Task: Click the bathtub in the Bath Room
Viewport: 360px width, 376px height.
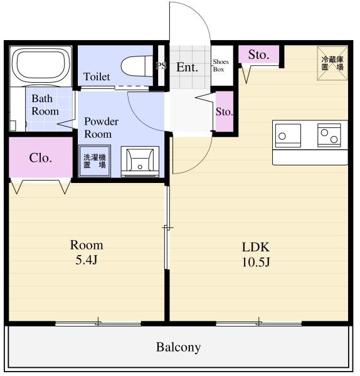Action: click(x=41, y=66)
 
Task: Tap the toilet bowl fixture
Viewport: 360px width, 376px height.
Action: click(x=137, y=66)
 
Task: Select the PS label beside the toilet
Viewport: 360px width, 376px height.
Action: click(x=161, y=65)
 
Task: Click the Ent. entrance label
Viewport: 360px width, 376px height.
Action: click(x=187, y=68)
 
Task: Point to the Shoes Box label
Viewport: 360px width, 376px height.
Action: click(x=221, y=65)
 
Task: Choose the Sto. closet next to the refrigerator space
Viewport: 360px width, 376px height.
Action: click(x=259, y=55)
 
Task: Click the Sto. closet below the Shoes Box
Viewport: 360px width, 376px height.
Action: click(x=225, y=112)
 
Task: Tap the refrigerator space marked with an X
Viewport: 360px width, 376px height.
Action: click(x=332, y=63)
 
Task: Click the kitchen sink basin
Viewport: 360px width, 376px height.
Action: click(x=288, y=135)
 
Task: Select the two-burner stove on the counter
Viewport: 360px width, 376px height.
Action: click(x=329, y=135)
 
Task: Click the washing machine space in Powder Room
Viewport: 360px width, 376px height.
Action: click(x=95, y=161)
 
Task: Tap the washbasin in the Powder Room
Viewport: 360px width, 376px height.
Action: click(x=140, y=162)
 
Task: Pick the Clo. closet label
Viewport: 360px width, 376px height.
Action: click(x=40, y=158)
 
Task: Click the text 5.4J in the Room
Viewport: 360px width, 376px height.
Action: click(x=87, y=259)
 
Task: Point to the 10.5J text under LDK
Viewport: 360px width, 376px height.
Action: click(x=256, y=262)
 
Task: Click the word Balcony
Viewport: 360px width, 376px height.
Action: click(x=178, y=347)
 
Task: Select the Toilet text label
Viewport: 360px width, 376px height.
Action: click(x=97, y=76)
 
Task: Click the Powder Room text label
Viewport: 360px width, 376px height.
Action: click(x=101, y=128)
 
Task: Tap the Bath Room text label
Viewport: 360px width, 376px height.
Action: click(x=45, y=105)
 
